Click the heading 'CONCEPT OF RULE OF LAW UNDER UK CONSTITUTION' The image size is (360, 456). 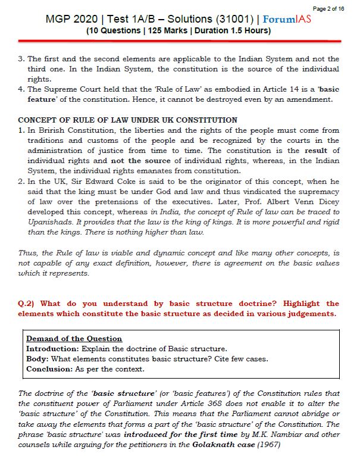127,120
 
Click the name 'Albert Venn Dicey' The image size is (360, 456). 302,198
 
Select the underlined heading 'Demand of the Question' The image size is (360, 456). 74,339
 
